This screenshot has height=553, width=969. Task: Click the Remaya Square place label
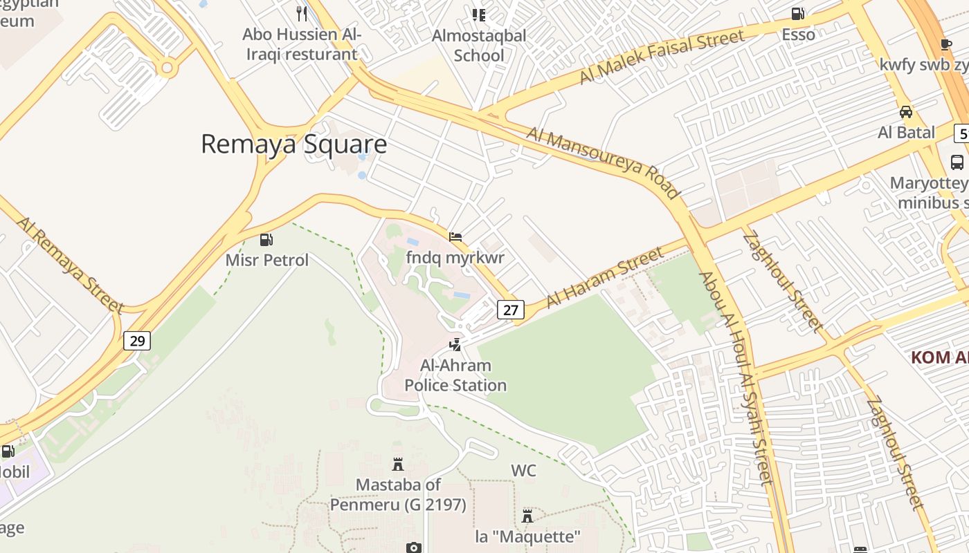tap(293, 144)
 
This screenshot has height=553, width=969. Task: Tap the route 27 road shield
tap(511, 310)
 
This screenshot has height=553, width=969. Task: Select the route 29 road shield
tap(138, 341)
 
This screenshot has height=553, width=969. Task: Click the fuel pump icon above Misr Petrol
tap(266, 240)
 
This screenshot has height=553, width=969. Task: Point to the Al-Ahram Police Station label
tap(455, 375)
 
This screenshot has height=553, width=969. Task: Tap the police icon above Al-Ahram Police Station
tap(455, 344)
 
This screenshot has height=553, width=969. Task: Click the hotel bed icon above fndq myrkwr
tap(455, 237)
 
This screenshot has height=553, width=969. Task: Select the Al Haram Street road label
tap(604, 278)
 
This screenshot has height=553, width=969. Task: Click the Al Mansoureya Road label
tap(603, 163)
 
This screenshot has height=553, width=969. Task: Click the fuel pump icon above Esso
tap(798, 13)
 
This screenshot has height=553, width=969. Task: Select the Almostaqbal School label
tap(479, 45)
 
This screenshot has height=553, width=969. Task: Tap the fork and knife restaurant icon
tap(302, 13)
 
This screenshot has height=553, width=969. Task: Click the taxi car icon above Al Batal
tap(905, 111)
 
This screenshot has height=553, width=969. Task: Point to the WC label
tap(523, 471)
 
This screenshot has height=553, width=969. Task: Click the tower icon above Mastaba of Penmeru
tap(397, 464)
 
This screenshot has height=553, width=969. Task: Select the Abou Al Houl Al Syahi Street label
tap(734, 378)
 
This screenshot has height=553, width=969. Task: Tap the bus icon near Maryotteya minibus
tap(957, 162)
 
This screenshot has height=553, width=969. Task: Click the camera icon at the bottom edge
tap(413, 547)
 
